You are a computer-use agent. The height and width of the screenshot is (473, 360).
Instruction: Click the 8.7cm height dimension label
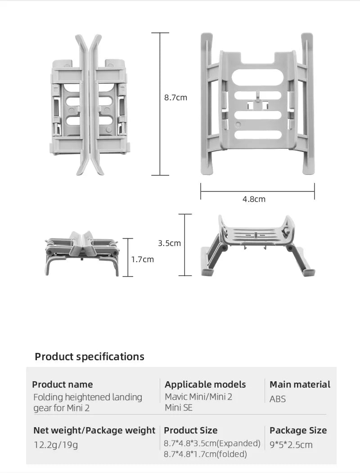[175, 98]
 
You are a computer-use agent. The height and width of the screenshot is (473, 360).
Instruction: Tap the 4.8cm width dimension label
[254, 199]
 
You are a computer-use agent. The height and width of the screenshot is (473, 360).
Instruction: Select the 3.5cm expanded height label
[169, 243]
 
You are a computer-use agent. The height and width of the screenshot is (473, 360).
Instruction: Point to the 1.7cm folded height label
[142, 259]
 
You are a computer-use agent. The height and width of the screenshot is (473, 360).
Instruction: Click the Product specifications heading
[90, 357]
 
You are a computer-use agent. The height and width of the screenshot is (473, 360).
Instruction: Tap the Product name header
[63, 384]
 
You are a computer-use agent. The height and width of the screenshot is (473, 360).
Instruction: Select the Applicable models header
[205, 384]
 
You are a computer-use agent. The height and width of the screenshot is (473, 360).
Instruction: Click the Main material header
[300, 384]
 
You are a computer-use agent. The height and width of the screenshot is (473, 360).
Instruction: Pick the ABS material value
[278, 399]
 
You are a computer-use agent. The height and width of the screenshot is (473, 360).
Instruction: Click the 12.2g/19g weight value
[56, 445]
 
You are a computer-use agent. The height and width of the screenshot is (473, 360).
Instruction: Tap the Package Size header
[298, 430]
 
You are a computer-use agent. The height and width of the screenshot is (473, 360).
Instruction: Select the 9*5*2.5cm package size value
[291, 445]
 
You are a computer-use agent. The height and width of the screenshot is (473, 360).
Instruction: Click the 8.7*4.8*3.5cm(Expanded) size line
[212, 443]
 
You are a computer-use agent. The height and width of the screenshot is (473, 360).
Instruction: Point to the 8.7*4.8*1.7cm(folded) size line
[205, 454]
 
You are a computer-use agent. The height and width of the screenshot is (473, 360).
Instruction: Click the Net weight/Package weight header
[94, 430]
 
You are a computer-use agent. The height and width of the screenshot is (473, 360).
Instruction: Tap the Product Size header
[190, 430]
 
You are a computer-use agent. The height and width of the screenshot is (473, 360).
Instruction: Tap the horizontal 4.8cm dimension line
[257, 191]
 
